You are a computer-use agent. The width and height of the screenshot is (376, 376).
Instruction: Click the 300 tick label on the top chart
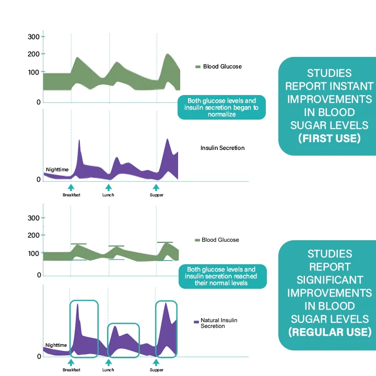pos(33,37)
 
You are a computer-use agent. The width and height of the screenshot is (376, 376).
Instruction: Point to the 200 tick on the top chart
pos(33,54)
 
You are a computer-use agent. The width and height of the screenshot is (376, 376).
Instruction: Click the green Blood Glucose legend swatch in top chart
pos(198,67)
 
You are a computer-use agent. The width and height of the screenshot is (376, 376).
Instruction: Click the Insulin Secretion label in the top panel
pos(222,148)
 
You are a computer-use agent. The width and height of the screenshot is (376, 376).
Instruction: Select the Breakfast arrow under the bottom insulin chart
pos(71,361)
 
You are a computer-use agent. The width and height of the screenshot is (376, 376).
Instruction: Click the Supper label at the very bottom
pos(157,370)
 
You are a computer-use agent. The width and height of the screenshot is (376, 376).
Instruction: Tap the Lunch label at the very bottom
pos(108,370)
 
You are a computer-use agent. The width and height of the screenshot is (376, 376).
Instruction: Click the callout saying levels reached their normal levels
pos(222,276)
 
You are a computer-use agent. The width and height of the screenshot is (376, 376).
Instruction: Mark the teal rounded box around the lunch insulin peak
pos(123,340)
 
